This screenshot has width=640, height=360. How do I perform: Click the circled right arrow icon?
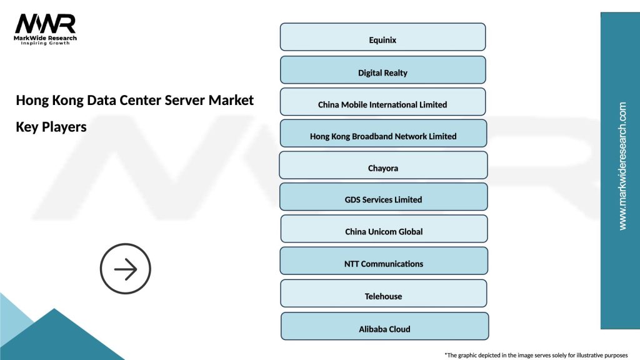[126, 269]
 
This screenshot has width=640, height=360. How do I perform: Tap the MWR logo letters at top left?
[45, 24]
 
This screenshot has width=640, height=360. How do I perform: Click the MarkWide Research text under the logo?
[46, 38]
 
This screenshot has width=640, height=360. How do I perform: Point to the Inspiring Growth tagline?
[46, 44]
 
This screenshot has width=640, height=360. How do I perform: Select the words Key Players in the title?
[51, 127]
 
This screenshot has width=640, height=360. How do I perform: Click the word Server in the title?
[186, 100]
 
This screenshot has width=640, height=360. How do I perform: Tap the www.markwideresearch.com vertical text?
[622, 166]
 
